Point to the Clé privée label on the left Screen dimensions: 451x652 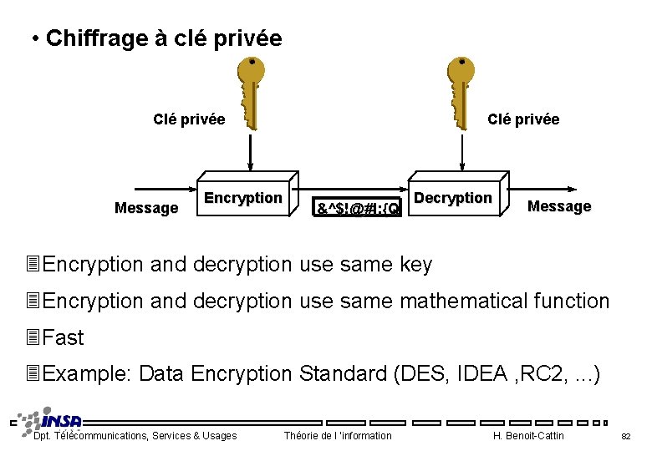coord(189,119)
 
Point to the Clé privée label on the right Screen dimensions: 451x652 coord(523,119)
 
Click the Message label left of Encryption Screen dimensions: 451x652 coord(146,208)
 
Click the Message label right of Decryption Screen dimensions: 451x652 coord(559,206)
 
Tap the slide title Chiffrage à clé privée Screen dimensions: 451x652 coord(164,38)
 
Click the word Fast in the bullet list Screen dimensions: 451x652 coord(63,337)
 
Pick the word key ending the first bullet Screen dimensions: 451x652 coord(415,265)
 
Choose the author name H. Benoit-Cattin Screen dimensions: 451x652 coord(529,435)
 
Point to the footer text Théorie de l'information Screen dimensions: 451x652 coord(338,435)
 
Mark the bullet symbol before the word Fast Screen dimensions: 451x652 coord(33,337)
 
